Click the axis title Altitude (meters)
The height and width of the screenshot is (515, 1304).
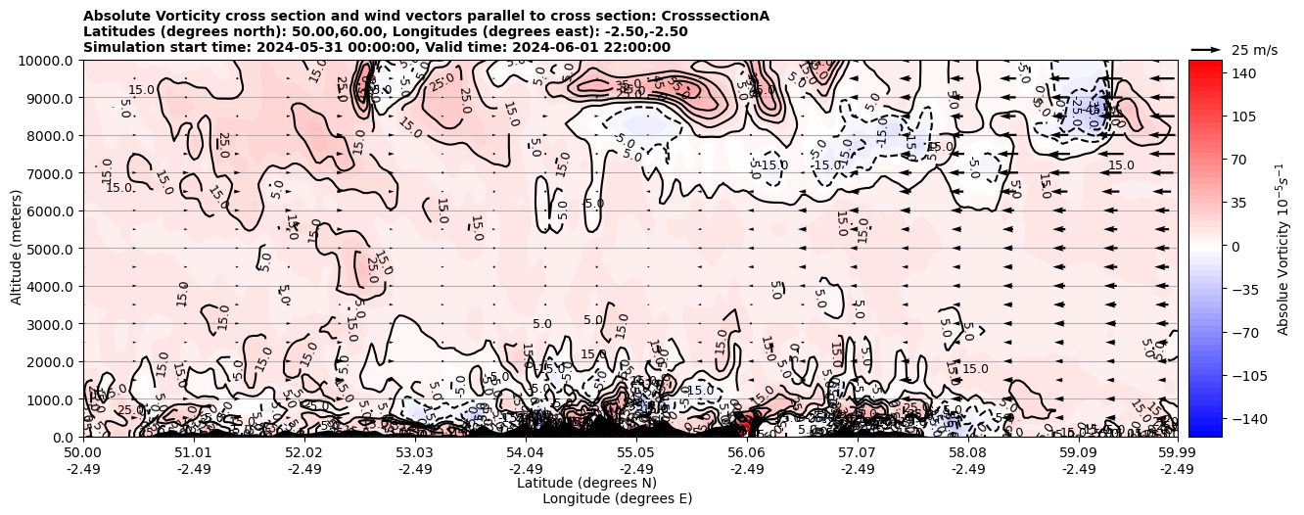[x=17, y=249]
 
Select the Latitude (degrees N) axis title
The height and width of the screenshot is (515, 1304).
[x=586, y=483]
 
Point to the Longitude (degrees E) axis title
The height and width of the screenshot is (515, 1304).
[x=617, y=498]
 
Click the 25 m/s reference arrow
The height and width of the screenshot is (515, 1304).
[x=1205, y=49]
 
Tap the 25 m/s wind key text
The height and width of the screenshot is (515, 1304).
[x=1254, y=50]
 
